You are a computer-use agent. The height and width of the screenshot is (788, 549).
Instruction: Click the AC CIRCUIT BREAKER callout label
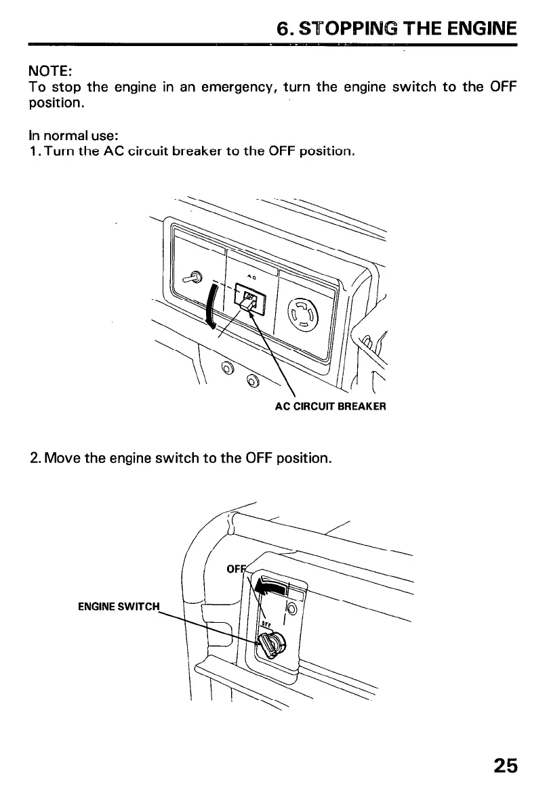pyautogui.click(x=330, y=407)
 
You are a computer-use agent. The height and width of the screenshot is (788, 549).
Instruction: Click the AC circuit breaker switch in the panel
pyautogui.click(x=249, y=299)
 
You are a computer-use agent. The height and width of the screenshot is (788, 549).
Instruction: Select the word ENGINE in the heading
pyautogui.click(x=480, y=28)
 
